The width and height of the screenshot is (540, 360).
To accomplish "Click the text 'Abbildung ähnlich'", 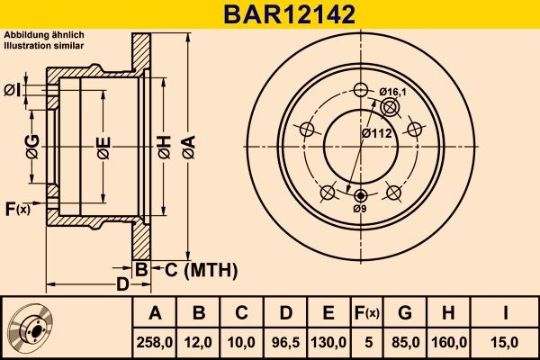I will pyautogui.click(x=44, y=35).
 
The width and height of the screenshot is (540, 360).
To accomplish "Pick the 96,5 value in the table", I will pyautogui.click(x=285, y=342).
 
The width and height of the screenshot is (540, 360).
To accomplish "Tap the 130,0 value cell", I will pyautogui.click(x=328, y=342).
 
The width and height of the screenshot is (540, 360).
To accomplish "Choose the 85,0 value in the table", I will pyautogui.click(x=404, y=342).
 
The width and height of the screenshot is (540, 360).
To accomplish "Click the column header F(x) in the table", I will pyautogui.click(x=365, y=313).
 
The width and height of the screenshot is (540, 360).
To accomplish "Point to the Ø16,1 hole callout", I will pyautogui.click(x=394, y=92).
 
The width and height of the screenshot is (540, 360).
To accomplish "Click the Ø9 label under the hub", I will pyautogui.click(x=360, y=209).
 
